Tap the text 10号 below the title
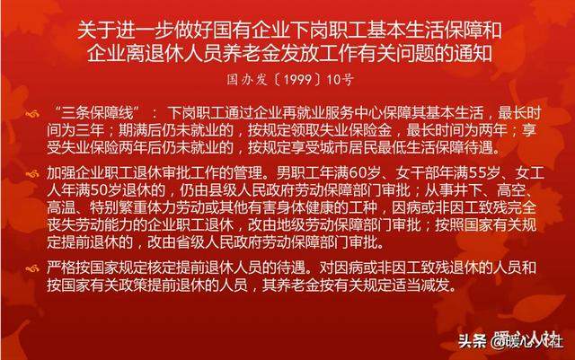pyautogui.click(x=340, y=80)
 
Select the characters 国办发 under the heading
pyautogui.click(x=247, y=80)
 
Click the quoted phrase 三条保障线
pyautogui.click(x=97, y=112)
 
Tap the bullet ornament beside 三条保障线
pyautogui.click(x=32, y=114)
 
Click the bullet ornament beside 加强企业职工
pyautogui.click(x=32, y=173)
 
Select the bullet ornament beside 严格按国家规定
pyautogui.click(x=32, y=269)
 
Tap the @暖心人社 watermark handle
pyautogui.click(x=526, y=341)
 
